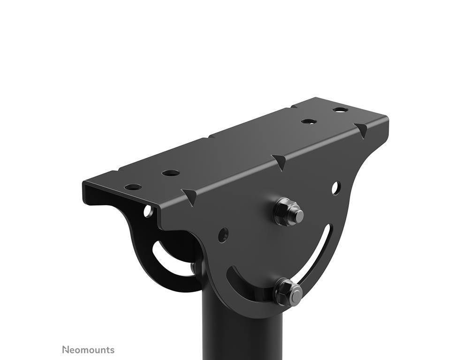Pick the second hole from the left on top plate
coord(171,173)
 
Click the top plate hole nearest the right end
coord(340,110)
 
